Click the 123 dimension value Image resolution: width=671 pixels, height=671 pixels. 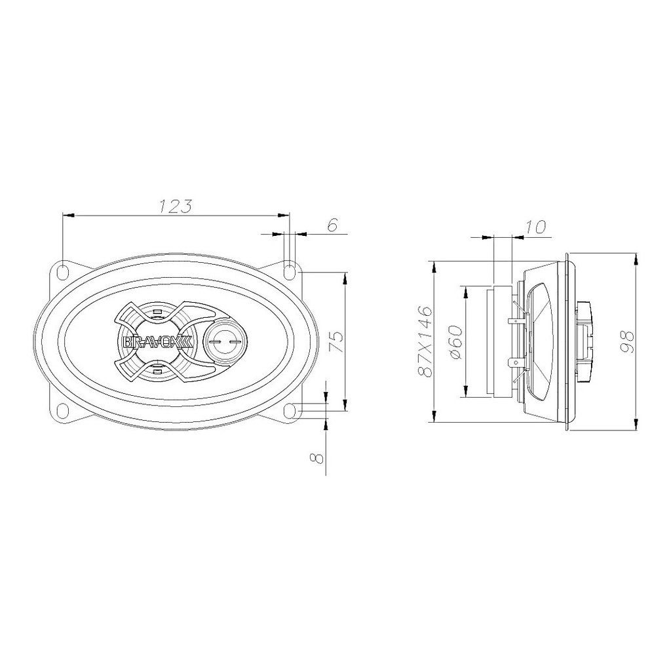point(176,206)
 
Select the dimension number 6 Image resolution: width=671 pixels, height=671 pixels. point(333,225)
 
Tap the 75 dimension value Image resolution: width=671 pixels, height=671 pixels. point(337,341)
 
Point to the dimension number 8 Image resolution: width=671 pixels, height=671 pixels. point(315,458)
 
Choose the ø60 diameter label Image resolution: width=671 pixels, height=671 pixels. point(456,342)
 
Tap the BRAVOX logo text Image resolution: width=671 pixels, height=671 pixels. point(159,342)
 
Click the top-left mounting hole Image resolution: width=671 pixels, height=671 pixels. point(63,271)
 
